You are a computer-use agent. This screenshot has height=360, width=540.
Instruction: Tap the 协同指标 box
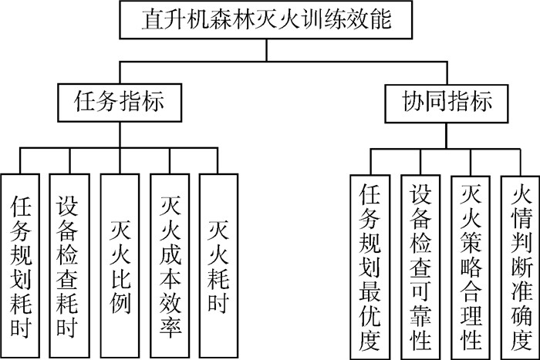pos(448,101)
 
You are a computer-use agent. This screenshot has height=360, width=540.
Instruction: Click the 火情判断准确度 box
pos(518,262)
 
